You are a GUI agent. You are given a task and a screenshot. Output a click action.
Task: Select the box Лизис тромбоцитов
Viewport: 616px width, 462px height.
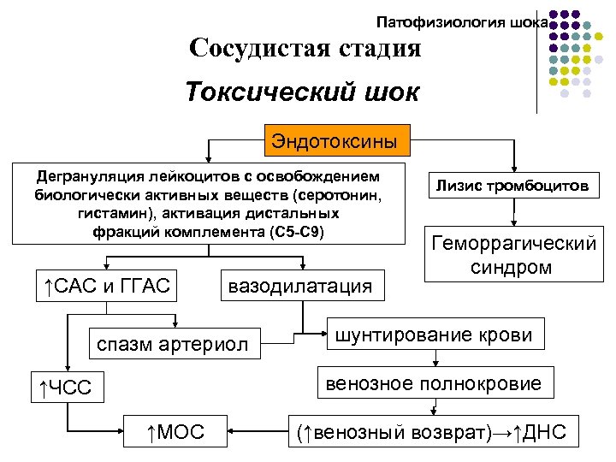click(513, 185)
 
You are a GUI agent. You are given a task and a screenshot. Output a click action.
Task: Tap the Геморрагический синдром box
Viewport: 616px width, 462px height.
click(513, 254)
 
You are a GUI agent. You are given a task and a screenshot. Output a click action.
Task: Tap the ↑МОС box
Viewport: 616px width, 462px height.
click(175, 432)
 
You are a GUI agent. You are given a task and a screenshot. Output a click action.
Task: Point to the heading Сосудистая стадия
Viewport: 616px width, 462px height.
click(305, 48)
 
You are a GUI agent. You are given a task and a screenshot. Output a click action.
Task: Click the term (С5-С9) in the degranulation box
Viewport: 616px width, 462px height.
click(296, 232)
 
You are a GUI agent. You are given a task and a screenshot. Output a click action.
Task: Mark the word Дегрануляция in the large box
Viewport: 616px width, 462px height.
click(85, 177)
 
